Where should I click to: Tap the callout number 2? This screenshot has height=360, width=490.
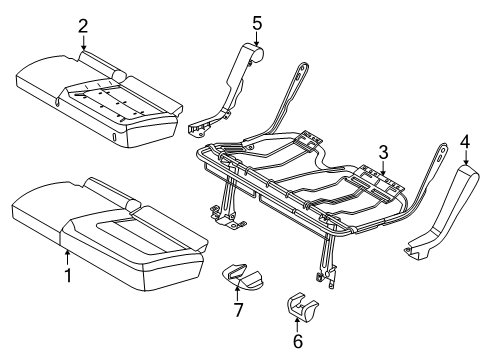[x=83, y=26]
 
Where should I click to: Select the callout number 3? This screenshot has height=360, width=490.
[x=382, y=152]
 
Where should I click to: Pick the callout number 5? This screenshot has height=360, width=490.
[x=257, y=20]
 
